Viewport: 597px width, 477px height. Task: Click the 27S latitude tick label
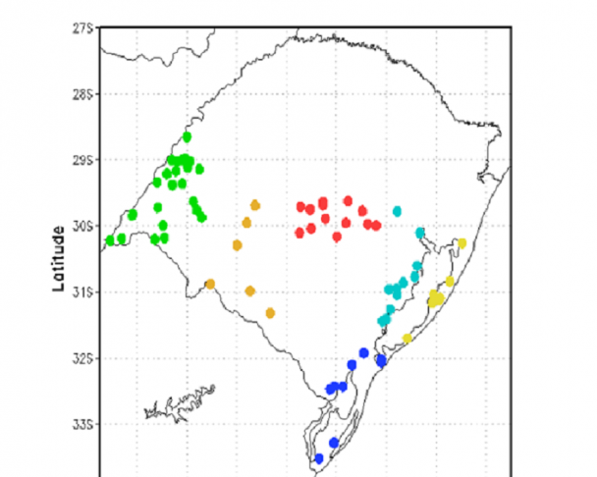point(82,28)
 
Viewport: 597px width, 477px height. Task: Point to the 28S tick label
point(82,94)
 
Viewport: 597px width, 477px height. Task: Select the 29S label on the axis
point(82,160)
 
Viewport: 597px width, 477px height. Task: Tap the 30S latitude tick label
point(82,226)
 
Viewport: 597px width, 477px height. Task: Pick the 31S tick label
point(82,291)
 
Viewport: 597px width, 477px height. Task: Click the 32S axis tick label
point(82,358)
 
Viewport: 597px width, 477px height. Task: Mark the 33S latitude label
point(82,424)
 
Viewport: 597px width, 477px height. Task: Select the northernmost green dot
point(187,137)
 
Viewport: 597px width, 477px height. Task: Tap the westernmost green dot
point(110,239)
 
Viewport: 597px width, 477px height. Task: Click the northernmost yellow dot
point(461,243)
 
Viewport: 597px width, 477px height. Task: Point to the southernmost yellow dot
point(407,339)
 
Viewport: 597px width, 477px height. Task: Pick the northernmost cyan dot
point(397,211)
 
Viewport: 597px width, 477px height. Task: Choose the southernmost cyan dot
point(383,321)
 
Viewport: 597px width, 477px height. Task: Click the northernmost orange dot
point(254,205)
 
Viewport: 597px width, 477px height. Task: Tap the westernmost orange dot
point(209,284)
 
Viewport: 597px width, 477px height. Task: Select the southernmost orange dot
point(270,313)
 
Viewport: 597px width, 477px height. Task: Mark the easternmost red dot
point(376,226)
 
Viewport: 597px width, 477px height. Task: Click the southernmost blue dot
point(318,458)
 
